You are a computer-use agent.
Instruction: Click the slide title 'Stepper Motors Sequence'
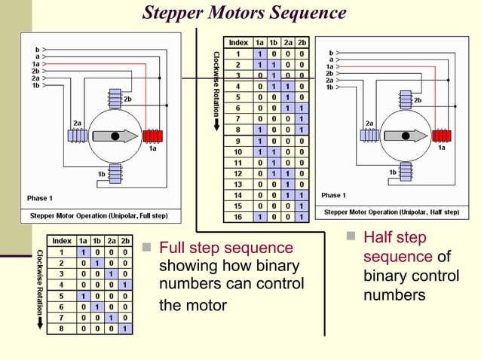click(244, 13)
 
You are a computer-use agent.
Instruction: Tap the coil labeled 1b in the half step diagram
click(409, 174)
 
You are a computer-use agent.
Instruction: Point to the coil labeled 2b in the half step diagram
click(409, 99)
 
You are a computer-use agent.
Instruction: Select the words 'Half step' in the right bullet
click(395, 238)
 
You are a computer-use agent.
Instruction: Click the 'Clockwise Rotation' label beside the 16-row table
click(216, 90)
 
